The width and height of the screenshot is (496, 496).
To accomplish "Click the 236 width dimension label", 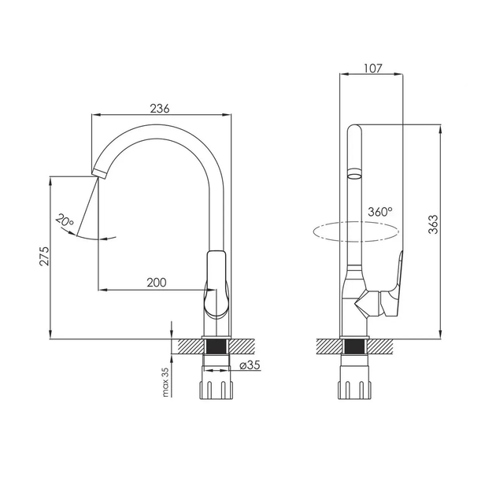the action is click(159, 108).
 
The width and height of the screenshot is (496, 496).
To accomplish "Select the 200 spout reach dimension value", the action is click(156, 282).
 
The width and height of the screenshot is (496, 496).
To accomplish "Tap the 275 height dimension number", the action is click(44, 256).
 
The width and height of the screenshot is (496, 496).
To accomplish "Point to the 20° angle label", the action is click(65, 220).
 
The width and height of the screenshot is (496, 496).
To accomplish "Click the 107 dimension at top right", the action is click(373, 68).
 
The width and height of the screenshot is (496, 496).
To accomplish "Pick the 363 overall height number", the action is click(433, 224).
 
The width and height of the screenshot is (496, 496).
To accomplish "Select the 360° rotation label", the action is click(380, 212).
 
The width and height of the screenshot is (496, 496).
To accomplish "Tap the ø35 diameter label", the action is click(250, 365).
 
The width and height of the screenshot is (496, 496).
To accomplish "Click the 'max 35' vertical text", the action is click(165, 382).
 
